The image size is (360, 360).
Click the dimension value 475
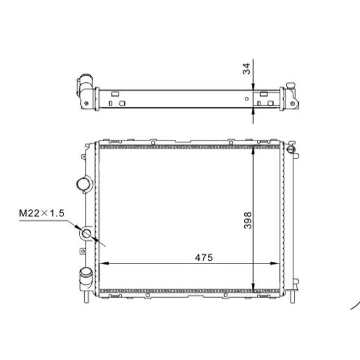[204, 257]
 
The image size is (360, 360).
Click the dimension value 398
[248, 220]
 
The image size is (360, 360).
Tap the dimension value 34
[246, 69]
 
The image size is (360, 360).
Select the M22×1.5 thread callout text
[41, 213]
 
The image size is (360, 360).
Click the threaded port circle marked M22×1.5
[87, 234]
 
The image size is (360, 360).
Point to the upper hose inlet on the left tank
[84, 185]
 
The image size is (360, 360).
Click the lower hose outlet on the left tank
[86, 278]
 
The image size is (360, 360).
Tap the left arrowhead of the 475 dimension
[104, 264]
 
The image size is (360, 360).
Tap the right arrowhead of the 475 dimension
[275, 264]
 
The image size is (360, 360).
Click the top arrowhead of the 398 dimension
[253, 150]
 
